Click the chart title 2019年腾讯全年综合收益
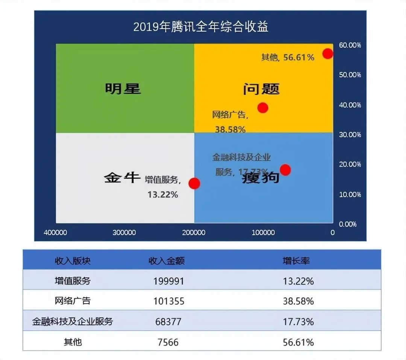pos(201,27)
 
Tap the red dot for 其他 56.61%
pos(328,53)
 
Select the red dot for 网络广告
pos(263,108)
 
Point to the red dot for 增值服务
pos(194,184)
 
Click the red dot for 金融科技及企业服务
pos(285,170)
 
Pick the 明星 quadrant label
pos(123,89)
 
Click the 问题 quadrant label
pos(261,89)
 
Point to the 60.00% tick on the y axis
pos(350,45)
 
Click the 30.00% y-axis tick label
pos(350,135)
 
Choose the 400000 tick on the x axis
pos(56,233)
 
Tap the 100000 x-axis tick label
pos(263,233)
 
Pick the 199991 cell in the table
pos(169,281)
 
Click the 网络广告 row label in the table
pos(73,301)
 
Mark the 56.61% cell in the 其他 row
pos(298,342)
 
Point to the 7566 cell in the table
pos(168,342)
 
